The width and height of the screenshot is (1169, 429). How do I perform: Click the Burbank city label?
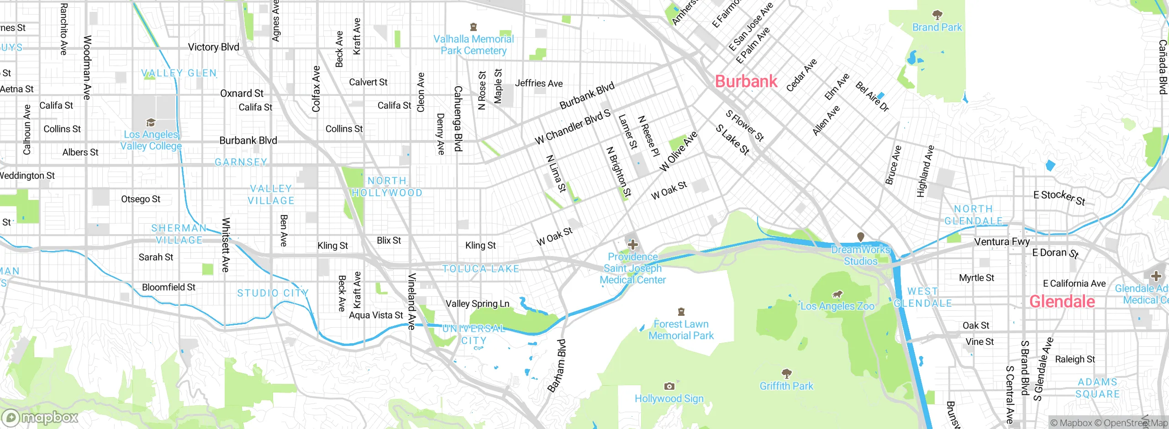pos(746,81)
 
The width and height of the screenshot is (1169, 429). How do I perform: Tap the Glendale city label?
pos(1062,302)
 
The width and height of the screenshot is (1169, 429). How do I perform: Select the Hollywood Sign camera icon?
pos(669,387)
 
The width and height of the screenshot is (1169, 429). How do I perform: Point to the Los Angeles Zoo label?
pos(837,306)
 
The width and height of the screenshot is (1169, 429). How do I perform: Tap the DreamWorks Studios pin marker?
pos(860,237)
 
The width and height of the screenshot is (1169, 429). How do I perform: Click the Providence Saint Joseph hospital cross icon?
pos(632,245)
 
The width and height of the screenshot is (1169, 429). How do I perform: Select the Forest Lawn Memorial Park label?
pos(681,330)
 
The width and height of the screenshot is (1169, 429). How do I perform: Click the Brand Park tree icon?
pos(937,15)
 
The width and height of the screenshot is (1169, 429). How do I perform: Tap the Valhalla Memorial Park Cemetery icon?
pos(474,27)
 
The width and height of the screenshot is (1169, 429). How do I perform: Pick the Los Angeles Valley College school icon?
pos(151,122)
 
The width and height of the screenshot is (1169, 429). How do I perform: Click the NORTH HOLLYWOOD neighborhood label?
pos(387,187)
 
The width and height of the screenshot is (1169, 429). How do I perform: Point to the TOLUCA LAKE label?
pos(480,269)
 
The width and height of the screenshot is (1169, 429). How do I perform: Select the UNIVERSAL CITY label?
pos(474,334)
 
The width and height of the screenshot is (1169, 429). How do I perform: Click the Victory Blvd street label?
pos(213,47)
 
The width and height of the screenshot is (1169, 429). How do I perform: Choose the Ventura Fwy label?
pos(1002,241)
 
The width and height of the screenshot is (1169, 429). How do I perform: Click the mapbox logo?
pos(40,417)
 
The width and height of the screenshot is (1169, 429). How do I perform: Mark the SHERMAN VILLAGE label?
pos(179,234)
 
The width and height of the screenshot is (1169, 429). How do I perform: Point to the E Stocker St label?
pos(1059,197)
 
